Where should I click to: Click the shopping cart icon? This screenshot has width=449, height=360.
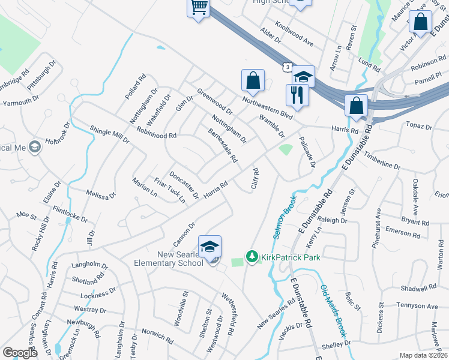tap(199, 8)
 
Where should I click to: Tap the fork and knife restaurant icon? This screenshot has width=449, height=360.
tap(297, 95)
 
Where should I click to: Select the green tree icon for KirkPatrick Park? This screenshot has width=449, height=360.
tap(252, 257)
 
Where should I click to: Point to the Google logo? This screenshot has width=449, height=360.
tap(20, 353)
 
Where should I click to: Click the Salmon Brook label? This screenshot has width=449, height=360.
tap(285, 218)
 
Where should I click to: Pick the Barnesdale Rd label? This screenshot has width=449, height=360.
tap(223, 146)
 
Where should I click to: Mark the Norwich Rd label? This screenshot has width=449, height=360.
tap(157, 335)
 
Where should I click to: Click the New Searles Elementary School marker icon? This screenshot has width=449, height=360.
tap(210, 247)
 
